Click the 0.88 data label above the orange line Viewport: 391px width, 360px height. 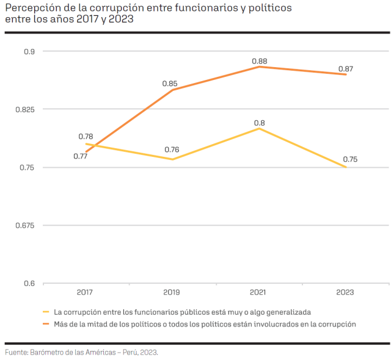point(259,61)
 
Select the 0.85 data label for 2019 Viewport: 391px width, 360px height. point(170,84)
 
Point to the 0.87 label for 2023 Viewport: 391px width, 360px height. point(346,69)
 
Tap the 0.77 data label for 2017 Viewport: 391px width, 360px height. point(81,156)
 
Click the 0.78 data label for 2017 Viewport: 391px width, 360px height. point(86,137)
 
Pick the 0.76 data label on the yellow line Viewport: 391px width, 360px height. point(172,150)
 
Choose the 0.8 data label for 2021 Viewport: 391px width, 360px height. point(260,123)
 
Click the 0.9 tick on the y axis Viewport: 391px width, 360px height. point(30,51)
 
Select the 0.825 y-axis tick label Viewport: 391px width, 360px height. point(25,109)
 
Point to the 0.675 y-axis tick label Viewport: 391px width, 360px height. point(25,225)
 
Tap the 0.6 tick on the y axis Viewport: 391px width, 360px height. point(30,283)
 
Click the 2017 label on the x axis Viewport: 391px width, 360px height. point(86,292)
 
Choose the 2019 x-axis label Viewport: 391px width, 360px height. point(172,292)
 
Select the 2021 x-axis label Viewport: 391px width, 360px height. point(260,292)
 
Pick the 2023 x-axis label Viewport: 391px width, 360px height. point(346,292)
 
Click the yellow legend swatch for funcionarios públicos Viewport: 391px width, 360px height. point(46,312)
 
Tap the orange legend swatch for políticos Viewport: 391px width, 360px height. point(46,323)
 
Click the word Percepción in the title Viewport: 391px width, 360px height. point(31,8)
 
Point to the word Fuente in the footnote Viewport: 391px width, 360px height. point(16,352)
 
